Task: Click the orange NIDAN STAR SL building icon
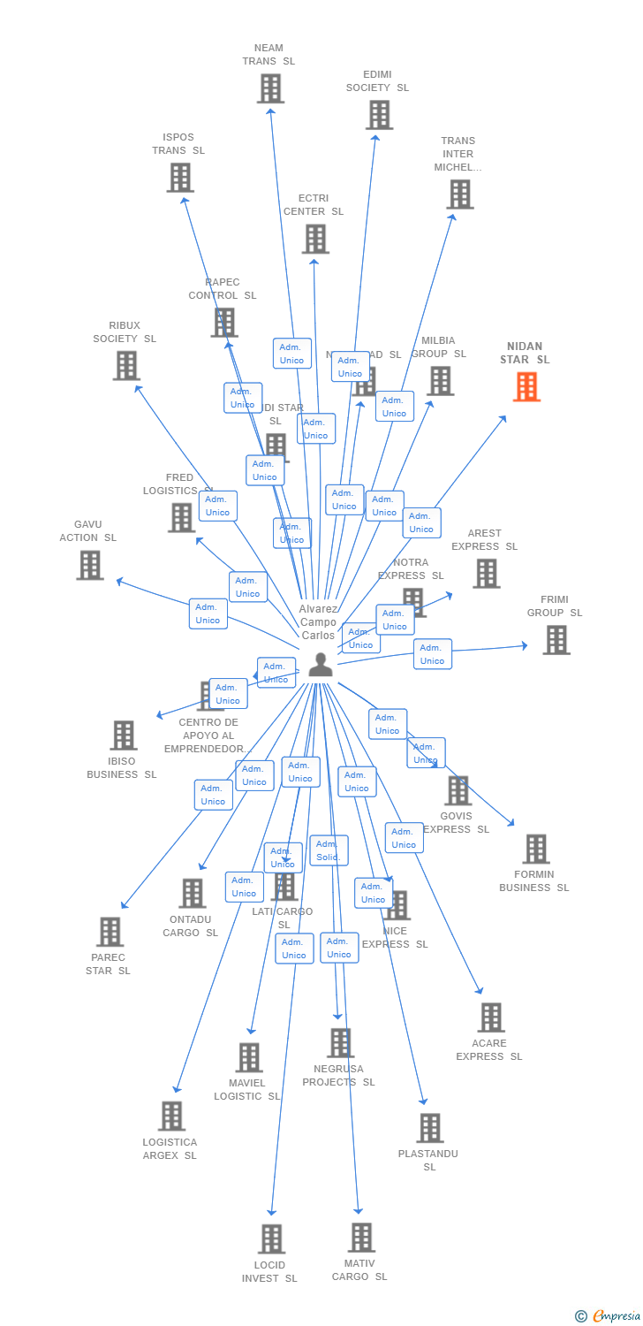click(x=526, y=386)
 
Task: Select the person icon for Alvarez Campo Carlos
click(x=320, y=664)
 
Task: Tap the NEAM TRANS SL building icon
click(x=270, y=88)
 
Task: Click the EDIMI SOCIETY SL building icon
click(x=379, y=115)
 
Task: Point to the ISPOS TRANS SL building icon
click(x=180, y=178)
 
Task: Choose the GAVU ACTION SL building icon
click(x=90, y=565)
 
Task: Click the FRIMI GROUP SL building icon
click(x=556, y=640)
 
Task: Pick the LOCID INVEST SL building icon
click(x=271, y=1238)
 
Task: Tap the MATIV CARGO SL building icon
click(x=361, y=1238)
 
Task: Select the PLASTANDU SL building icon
click(x=430, y=1128)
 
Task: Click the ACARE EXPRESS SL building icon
click(x=491, y=1017)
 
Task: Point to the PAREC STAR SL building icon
click(x=110, y=932)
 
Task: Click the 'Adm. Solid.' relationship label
click(x=329, y=850)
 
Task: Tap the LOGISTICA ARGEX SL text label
click(x=170, y=1148)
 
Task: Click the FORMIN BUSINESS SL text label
click(x=533, y=880)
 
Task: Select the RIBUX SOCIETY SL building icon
click(x=126, y=365)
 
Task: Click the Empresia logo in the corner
click(x=609, y=1316)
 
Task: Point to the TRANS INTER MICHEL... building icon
click(x=459, y=194)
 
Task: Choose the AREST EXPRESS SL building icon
click(x=486, y=574)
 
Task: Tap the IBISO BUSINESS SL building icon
click(x=124, y=735)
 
